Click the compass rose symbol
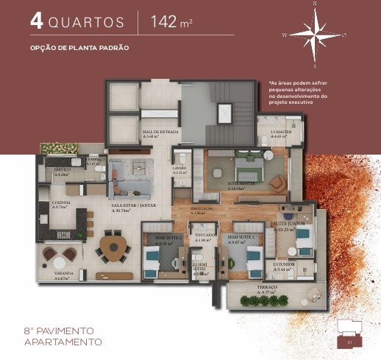point(314,33)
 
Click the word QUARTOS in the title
point(88,21)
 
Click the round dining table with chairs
point(113,247)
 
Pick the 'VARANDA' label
point(61,276)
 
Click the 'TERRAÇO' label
point(266,289)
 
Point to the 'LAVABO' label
point(180,168)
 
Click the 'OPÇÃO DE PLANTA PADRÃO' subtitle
point(79,47)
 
